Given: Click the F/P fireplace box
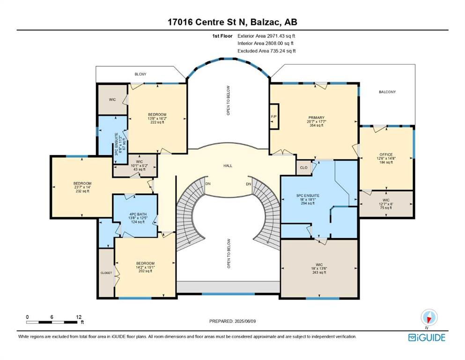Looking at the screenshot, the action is tap(274, 116).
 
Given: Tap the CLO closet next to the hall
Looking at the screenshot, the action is tap(303, 168).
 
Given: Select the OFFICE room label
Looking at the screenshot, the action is tap(386, 155).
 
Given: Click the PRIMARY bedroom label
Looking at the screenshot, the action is tap(316, 118).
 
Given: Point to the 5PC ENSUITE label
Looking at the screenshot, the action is tap(308, 195).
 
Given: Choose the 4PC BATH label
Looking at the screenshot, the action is tap(138, 214).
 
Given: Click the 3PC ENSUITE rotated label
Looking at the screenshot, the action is tap(116, 144).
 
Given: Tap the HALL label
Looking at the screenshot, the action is tap(228, 165).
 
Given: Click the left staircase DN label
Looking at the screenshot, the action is tap(208, 184).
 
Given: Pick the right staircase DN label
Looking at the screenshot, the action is tap(249, 184).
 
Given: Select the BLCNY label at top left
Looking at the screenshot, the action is tap(140, 74).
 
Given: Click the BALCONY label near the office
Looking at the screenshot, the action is tap(387, 92).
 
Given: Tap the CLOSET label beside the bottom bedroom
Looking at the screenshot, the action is tap(106, 273).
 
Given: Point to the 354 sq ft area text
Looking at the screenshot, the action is tap(316, 125).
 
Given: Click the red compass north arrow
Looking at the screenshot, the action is tap(429, 319).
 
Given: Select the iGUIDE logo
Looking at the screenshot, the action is tap(427, 337).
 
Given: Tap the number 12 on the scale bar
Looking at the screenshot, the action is tap(79, 317).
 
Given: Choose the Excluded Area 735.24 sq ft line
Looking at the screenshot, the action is tap(266, 51).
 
